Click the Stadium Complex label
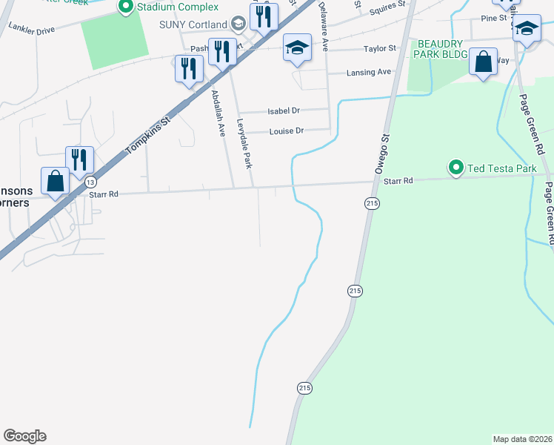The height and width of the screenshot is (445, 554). (177, 7)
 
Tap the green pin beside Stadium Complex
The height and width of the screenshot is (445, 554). (125, 7)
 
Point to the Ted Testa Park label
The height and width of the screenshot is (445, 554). (501, 168)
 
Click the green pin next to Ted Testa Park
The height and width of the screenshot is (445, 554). (455, 168)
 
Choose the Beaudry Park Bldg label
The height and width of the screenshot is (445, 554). (442, 50)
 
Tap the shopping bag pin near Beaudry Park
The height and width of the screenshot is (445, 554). (483, 63)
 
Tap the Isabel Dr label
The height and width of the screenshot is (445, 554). (284, 111)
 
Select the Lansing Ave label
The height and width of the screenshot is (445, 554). (369, 72)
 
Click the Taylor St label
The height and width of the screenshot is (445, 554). (380, 49)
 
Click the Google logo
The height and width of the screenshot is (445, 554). (24, 436)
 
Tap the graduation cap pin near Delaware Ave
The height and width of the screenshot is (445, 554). (296, 49)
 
